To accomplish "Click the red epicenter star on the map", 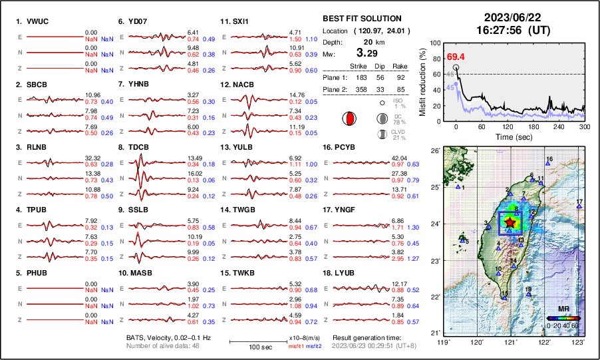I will point(510,222).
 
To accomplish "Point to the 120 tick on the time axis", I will point(508,127).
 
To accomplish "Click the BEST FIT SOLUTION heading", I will point(361,19).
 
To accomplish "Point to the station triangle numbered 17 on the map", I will point(579,207).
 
